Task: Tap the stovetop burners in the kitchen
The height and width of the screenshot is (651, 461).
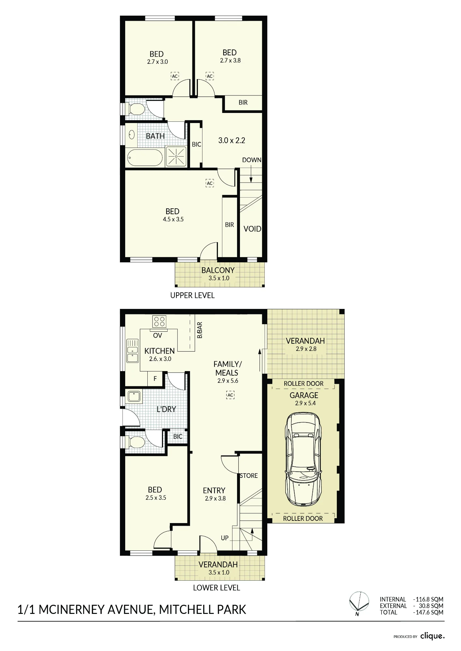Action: click(x=159, y=321)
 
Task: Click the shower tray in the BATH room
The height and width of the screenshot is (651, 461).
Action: click(x=176, y=157)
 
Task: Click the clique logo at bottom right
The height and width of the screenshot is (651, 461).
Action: click(x=432, y=636)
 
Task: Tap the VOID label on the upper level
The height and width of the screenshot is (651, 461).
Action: click(x=252, y=229)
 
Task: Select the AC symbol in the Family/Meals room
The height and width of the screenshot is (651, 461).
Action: click(x=230, y=395)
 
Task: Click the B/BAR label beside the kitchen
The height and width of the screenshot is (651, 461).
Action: click(x=200, y=330)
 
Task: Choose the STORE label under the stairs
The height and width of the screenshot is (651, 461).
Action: click(x=249, y=476)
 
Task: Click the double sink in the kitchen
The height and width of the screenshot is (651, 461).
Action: click(x=132, y=351)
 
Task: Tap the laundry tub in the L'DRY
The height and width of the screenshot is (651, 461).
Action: click(x=134, y=396)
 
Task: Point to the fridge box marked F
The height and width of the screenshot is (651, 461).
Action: click(x=155, y=379)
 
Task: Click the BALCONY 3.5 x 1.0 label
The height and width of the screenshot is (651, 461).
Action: click(x=218, y=274)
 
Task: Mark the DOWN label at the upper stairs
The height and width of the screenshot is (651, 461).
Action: click(x=252, y=160)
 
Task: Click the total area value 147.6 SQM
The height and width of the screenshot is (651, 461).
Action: click(x=428, y=612)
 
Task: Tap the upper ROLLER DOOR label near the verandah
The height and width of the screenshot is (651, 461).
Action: click(x=304, y=383)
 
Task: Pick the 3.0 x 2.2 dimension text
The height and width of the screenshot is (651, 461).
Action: click(x=231, y=140)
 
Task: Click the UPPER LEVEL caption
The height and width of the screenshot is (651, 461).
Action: click(x=192, y=295)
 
